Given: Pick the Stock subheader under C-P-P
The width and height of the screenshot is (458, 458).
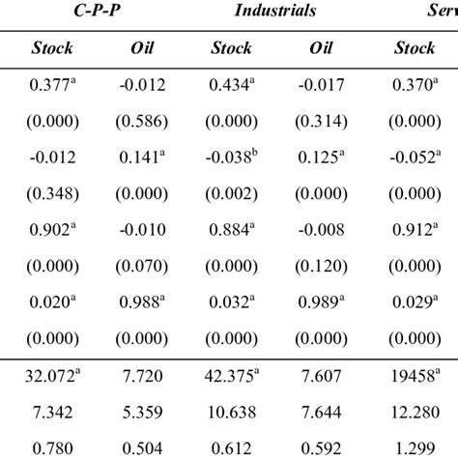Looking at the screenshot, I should coord(52,47).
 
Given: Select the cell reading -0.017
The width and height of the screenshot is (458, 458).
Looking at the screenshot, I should coord(321,86).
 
